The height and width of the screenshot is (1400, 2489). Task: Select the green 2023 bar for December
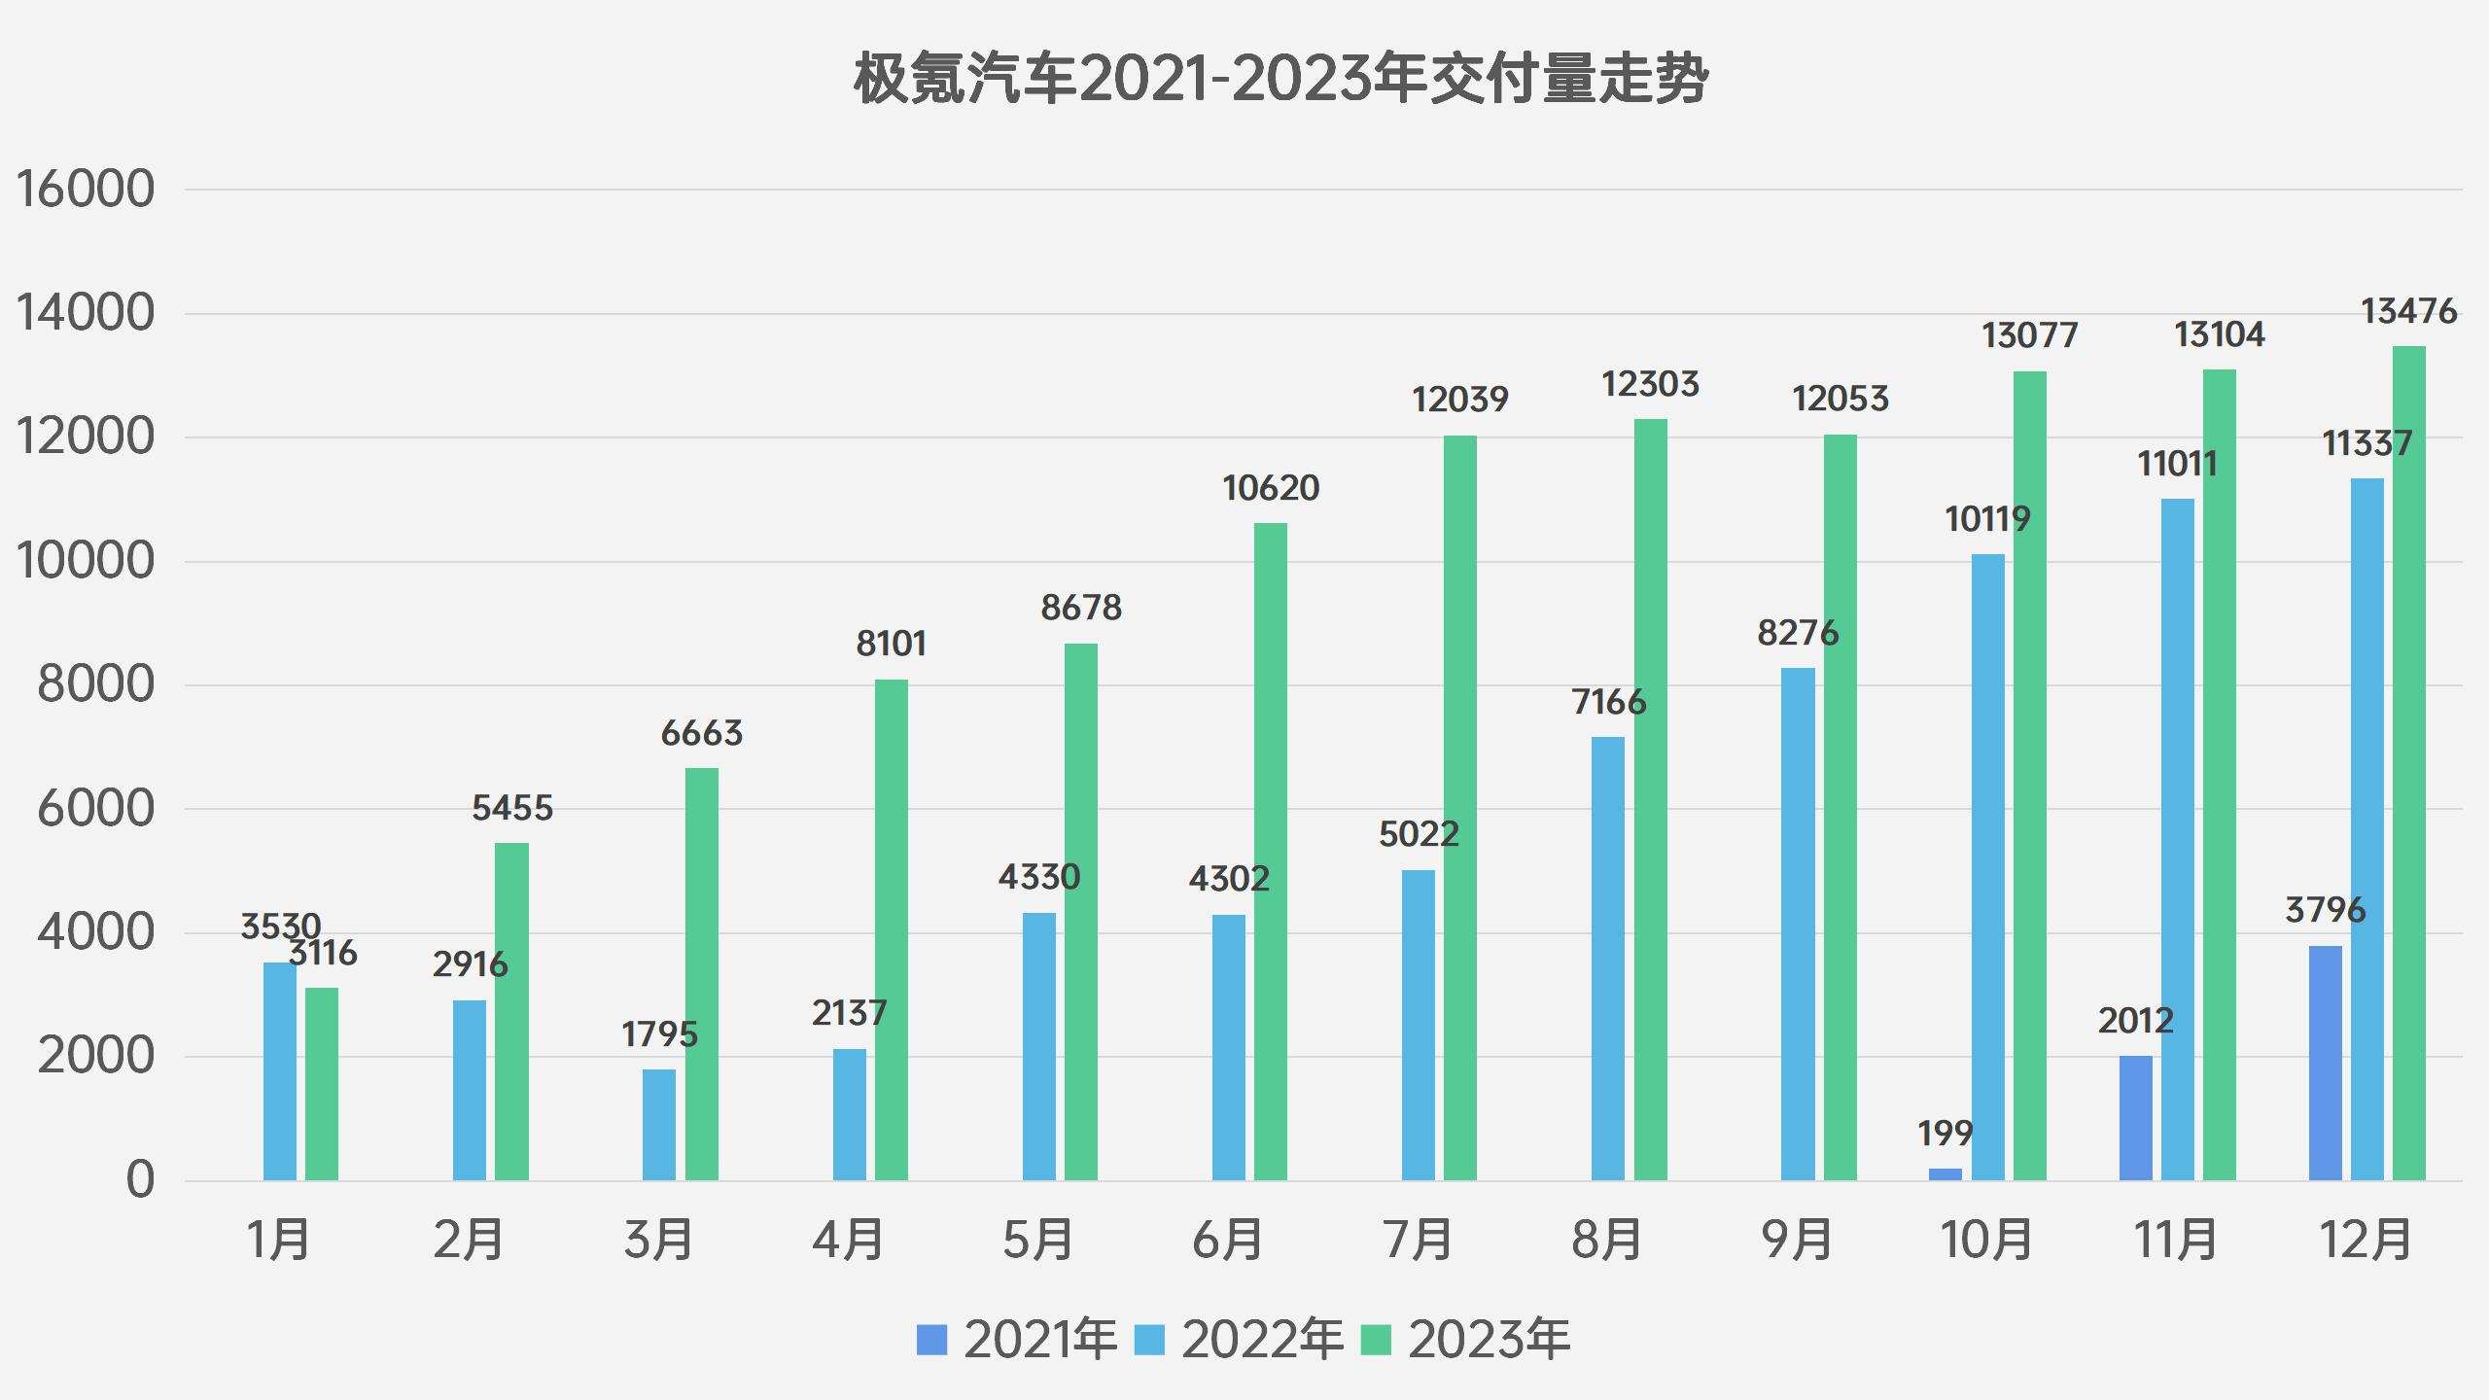pos(2408,763)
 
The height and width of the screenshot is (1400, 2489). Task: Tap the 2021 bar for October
pos(1945,1174)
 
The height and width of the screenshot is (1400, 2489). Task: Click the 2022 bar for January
pos(280,1071)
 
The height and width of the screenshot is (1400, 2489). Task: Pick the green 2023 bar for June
pos(1270,852)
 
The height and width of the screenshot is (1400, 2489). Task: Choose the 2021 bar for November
pos(2135,1118)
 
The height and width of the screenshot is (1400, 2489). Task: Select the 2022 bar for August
pos(1607,959)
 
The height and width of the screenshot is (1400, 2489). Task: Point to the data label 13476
pos(2408,311)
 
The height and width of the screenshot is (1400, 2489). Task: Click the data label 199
pos(1945,1133)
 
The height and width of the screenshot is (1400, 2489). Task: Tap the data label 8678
pos(1081,608)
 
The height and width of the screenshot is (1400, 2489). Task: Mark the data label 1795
pos(659,1033)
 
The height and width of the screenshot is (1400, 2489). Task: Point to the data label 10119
pos(1987,519)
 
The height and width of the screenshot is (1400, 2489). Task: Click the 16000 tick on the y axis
pos(86,189)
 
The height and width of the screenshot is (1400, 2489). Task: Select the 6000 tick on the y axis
pos(95,809)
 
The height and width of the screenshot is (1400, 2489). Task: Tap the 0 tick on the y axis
pos(140,1180)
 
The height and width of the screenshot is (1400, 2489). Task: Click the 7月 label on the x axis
pos(1417,1240)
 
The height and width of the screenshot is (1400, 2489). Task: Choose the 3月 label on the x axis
pos(658,1240)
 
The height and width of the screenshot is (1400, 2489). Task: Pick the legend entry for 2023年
pos(1488,1340)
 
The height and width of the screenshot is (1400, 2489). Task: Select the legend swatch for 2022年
pos(1150,1340)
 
